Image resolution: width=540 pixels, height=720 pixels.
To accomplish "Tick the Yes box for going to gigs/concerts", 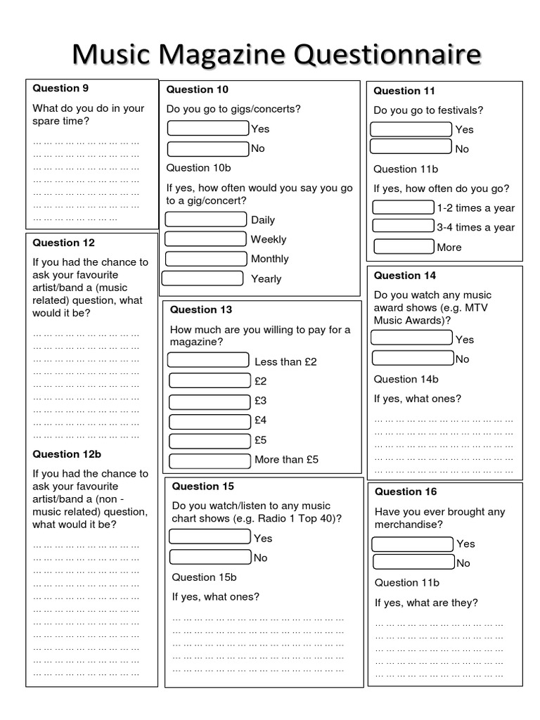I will (208, 128).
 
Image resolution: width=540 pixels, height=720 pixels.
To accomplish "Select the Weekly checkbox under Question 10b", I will (205, 239).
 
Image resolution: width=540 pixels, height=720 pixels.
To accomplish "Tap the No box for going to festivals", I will (411, 147).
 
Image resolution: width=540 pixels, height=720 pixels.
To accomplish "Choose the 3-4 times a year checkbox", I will (403, 226).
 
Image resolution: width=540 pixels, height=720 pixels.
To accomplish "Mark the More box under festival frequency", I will (404, 246).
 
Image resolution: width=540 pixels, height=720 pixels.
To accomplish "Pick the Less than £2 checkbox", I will (208, 360).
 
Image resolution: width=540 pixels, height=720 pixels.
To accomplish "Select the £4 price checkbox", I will (210, 421).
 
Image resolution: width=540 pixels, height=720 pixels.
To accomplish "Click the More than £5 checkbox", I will (210, 461).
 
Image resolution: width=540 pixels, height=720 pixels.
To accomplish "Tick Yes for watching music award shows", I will (411, 338).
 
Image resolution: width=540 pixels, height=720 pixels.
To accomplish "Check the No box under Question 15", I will (210, 557).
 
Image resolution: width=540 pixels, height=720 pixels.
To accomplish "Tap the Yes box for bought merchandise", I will (412, 544).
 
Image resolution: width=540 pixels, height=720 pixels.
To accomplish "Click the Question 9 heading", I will (60, 88).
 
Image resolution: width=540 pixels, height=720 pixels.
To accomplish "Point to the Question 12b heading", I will (67, 454).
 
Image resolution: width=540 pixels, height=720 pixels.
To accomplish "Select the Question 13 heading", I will (201, 309).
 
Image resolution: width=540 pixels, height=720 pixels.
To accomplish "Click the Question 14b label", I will (406, 379).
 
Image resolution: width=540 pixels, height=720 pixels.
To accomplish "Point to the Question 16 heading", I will (406, 491).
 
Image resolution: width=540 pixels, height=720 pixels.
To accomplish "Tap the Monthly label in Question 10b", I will (269, 259).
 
